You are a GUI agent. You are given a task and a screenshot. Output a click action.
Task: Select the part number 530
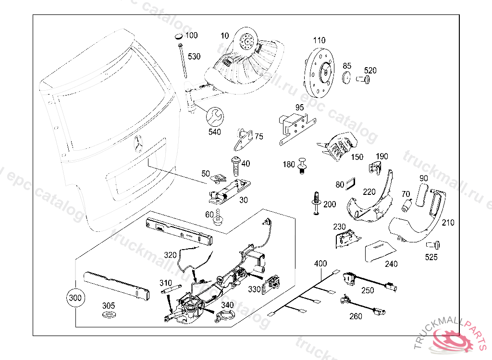pos(194,57)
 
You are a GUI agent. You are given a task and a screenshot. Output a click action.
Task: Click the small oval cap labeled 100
pos(178,36)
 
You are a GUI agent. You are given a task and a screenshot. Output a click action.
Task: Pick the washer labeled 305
pos(109,315)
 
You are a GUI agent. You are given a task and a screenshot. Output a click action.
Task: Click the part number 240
pos(391,264)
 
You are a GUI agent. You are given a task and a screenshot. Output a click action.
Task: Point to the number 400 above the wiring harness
pos(320,264)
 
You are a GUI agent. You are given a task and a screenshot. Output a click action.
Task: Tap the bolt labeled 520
pos(365,80)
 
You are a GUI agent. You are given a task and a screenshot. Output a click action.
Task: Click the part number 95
pos(299,107)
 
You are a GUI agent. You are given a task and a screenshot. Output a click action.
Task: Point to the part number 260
pos(356,316)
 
